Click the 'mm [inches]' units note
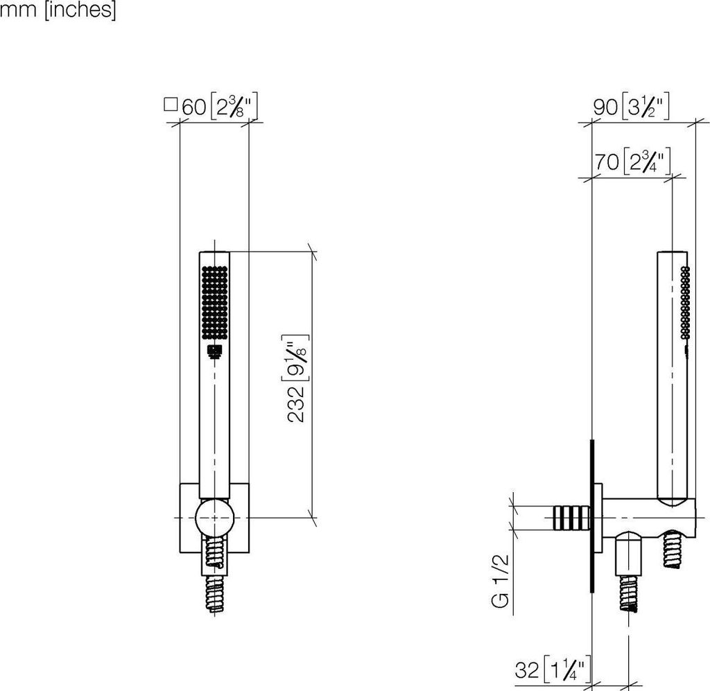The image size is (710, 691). pyautogui.click(x=58, y=10)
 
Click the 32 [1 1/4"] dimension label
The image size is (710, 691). pyautogui.click(x=553, y=670)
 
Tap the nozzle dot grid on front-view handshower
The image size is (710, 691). pyautogui.click(x=214, y=302)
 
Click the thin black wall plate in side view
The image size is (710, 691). pyautogui.click(x=594, y=516)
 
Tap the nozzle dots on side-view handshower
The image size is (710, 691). pyautogui.click(x=685, y=302)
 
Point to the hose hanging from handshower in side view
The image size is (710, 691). pyautogui.click(x=672, y=551)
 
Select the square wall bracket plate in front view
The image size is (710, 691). pyautogui.click(x=186, y=516)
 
